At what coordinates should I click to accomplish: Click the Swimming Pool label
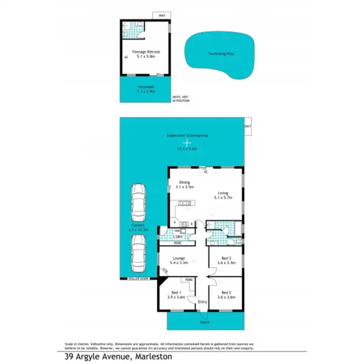tap(221, 54)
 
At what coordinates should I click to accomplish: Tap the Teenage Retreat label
tap(146, 51)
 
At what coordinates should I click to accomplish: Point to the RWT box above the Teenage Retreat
tap(162, 16)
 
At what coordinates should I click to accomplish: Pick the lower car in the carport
tap(138, 254)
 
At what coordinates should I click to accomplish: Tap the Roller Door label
tap(137, 279)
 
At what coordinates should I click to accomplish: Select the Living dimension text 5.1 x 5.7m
tap(223, 198)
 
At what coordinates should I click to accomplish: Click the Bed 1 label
tap(177, 292)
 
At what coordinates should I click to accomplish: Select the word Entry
tap(202, 302)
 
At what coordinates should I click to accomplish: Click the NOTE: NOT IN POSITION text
tap(181, 99)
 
